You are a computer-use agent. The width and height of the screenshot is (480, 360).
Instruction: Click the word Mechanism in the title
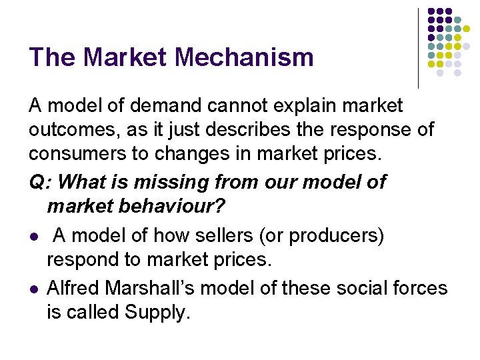pos(245,57)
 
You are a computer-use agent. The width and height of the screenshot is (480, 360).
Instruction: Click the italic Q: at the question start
pos(39,182)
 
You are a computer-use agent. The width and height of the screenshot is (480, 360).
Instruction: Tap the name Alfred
pos(73,288)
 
